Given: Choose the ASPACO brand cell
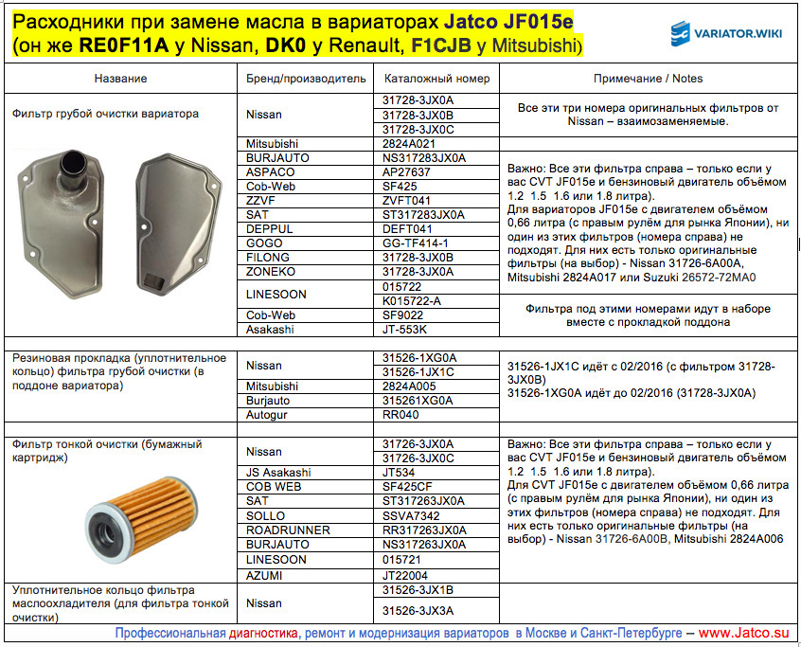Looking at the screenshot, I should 271,172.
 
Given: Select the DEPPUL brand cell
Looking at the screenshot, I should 271,229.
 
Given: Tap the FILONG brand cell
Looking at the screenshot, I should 271,258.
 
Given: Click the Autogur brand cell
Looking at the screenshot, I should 270,415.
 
